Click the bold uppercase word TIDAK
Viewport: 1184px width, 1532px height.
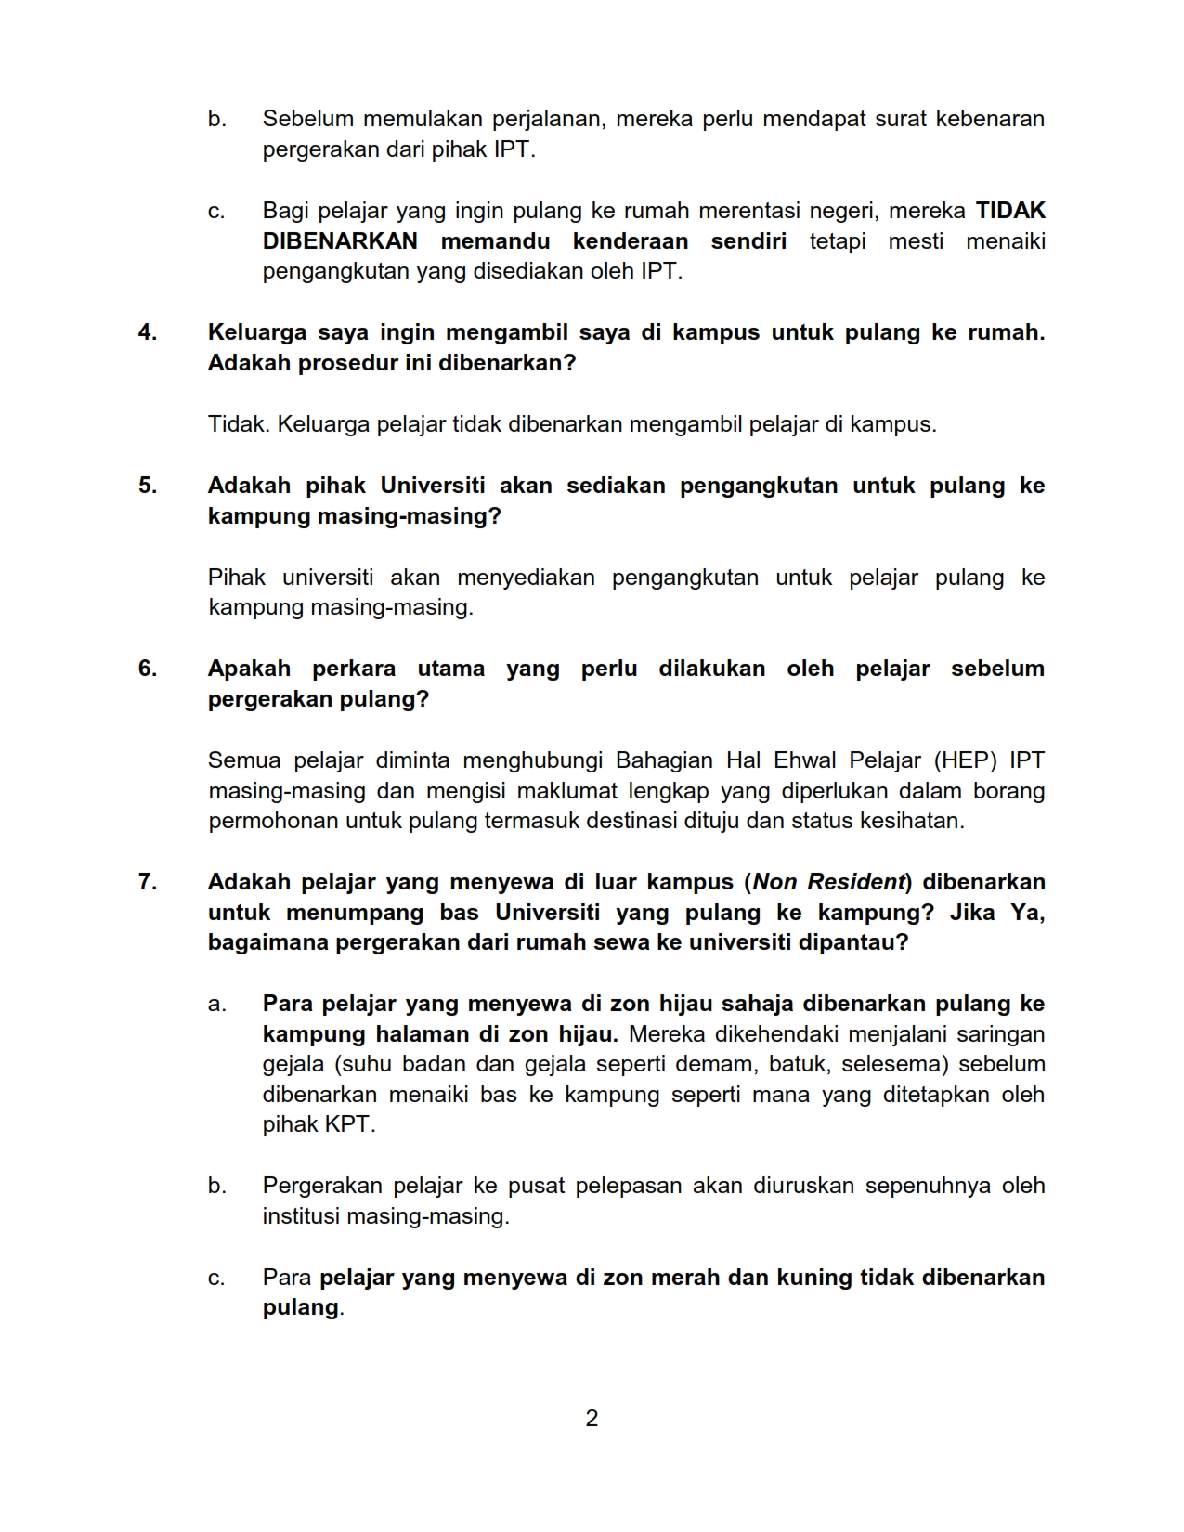[x=1010, y=211]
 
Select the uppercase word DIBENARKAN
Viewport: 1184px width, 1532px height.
[x=340, y=241]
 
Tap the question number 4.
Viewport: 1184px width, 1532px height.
[x=147, y=332]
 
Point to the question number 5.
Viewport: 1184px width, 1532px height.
[x=147, y=486]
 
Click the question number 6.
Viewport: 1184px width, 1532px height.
[x=147, y=669]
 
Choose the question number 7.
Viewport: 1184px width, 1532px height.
[x=147, y=882]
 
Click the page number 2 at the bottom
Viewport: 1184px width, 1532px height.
[x=592, y=1418]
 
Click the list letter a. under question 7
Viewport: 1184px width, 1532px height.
[x=216, y=1004]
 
